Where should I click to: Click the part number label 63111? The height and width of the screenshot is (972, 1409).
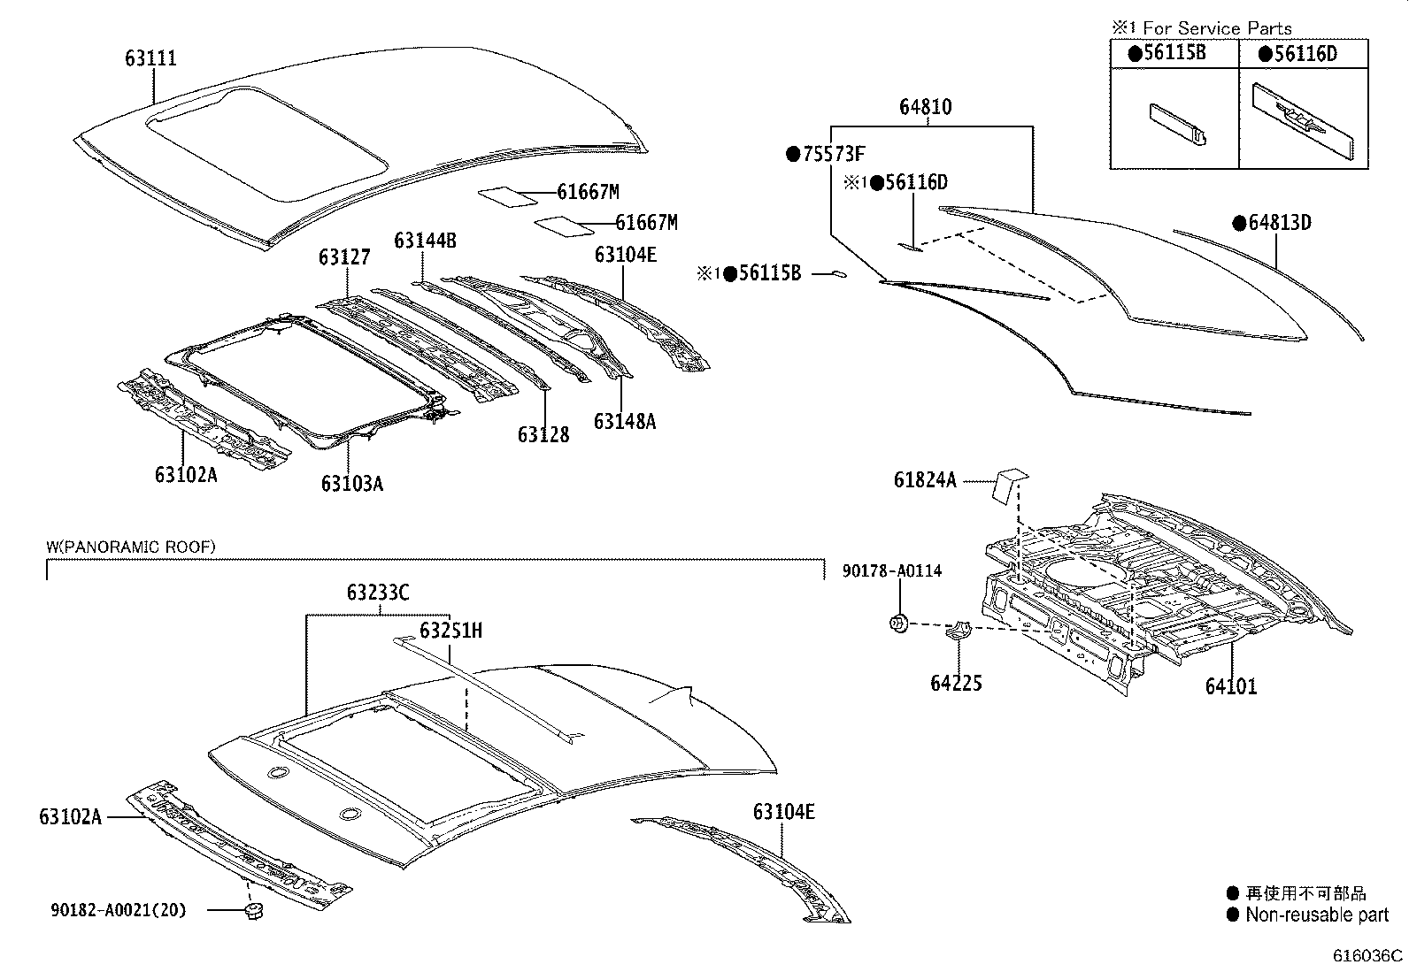(150, 58)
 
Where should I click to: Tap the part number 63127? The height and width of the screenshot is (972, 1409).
(344, 257)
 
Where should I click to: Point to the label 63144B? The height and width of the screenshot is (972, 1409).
(425, 241)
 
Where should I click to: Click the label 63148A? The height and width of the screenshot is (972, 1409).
(624, 422)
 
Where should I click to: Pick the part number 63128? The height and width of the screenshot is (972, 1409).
(543, 435)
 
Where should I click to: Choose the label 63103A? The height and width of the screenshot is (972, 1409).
(351, 484)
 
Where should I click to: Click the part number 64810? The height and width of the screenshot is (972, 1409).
(925, 107)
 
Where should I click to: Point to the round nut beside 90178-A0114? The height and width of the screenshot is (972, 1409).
(897, 624)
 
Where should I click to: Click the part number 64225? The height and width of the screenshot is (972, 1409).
(956, 683)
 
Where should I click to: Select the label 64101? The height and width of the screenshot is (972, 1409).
(1230, 686)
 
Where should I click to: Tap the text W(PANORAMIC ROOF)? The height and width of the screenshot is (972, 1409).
(130, 547)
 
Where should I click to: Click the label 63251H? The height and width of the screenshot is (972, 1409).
(450, 631)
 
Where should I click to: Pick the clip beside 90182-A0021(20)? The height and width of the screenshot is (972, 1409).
(254, 912)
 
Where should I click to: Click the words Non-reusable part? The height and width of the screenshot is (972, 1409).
(1316, 915)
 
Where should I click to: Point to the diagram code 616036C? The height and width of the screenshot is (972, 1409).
(1368, 956)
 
